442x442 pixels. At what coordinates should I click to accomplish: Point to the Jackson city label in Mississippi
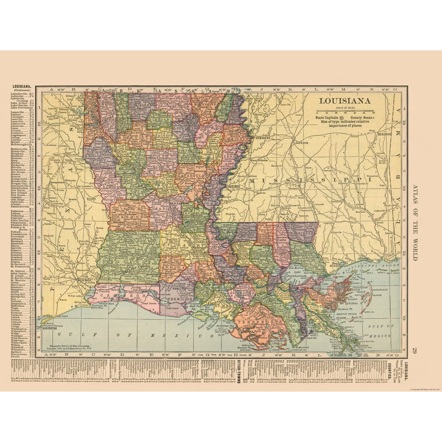(x=301, y=143)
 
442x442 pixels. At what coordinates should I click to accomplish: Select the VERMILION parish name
(x=180, y=299)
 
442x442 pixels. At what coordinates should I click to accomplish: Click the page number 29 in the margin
(x=413, y=350)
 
